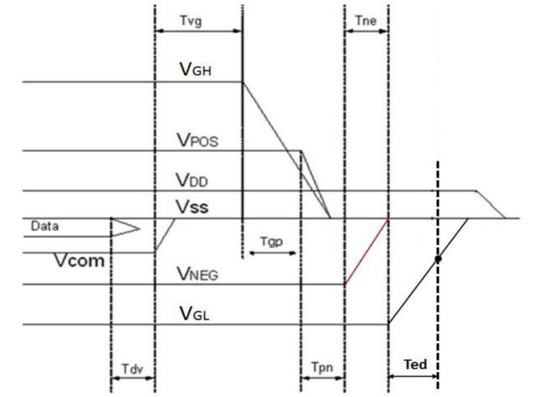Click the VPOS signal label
198,142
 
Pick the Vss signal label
192,207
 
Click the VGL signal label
195,313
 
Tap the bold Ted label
414,364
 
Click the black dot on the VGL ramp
438,259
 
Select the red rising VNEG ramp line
366,252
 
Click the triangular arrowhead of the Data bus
127,228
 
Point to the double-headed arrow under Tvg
198,31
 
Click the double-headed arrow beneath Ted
412,377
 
